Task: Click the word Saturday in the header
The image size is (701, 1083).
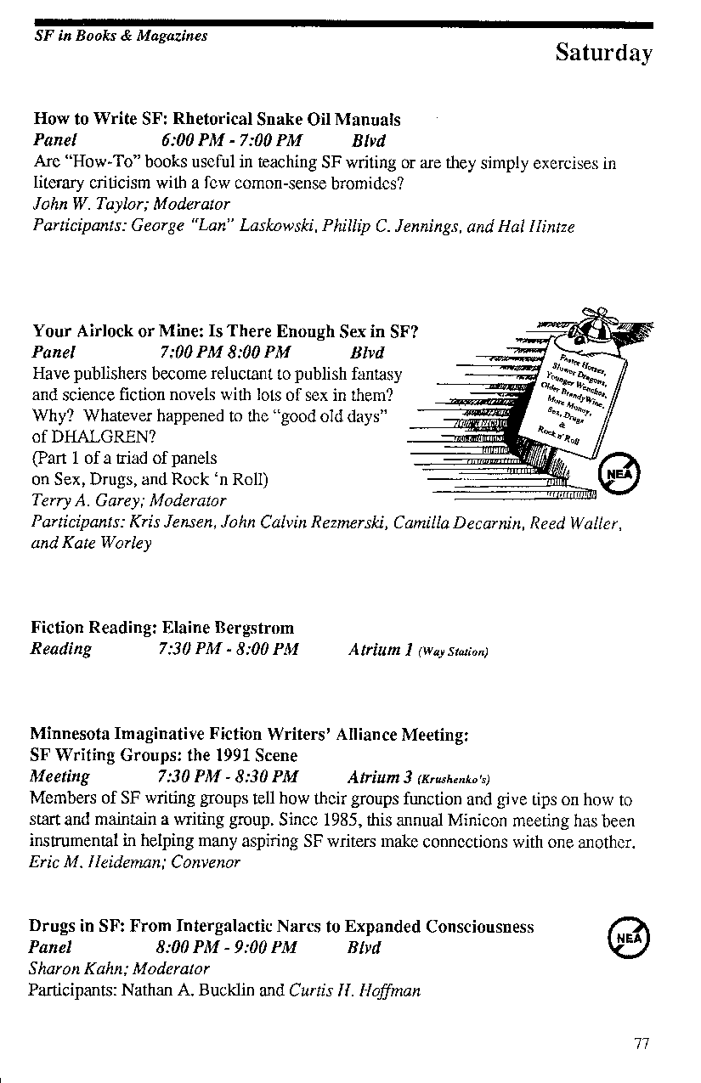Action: pos(603,54)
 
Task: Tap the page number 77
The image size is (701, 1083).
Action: pos(642,1044)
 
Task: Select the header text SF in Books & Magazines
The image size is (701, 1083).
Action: pos(121,37)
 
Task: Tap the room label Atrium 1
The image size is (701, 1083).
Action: pos(380,650)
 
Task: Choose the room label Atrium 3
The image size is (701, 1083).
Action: pos(380,776)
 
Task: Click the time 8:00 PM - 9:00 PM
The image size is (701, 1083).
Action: pos(227,947)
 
